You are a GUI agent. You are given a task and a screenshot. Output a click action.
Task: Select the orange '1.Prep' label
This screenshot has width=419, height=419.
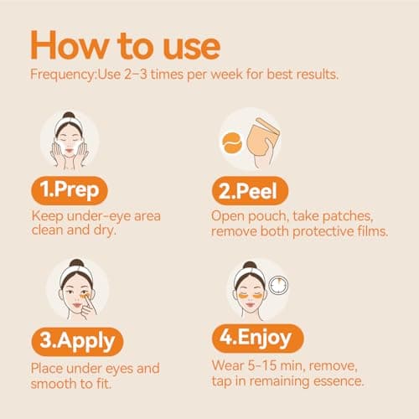point(76,190)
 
